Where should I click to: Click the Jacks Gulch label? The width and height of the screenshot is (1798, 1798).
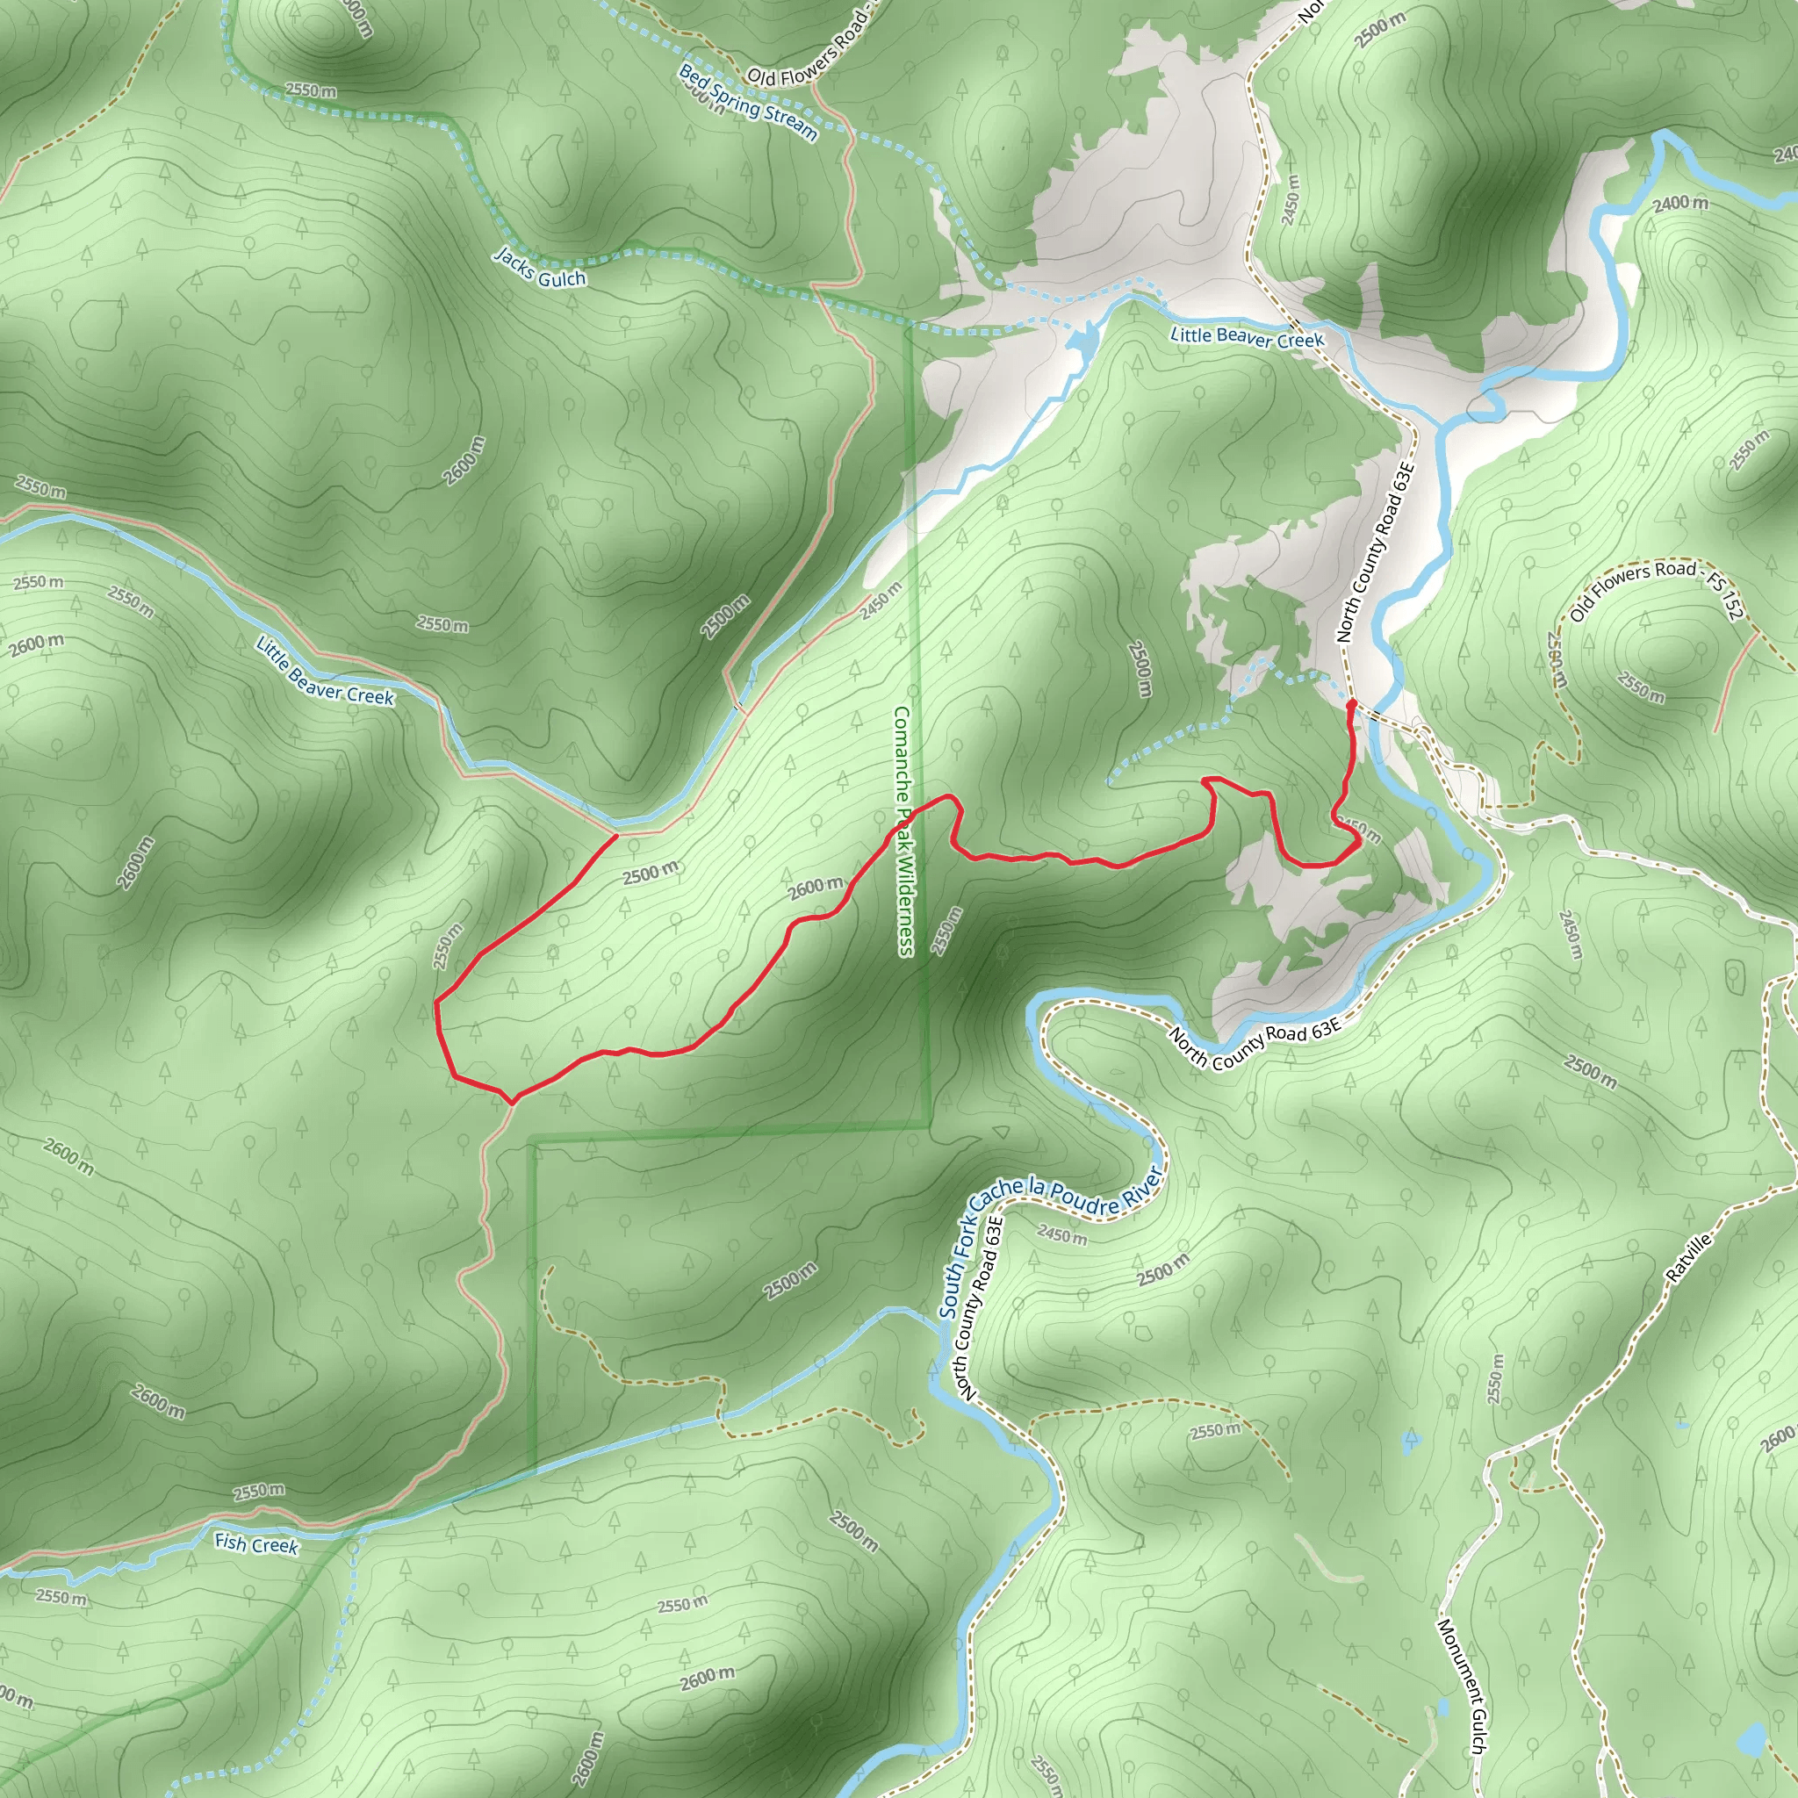tap(540, 268)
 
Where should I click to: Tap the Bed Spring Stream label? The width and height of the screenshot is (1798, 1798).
tap(747, 104)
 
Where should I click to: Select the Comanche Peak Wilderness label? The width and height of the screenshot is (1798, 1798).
tap(903, 831)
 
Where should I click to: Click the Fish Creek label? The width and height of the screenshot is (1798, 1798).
tap(256, 1544)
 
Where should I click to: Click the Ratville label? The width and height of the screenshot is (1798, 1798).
tap(1689, 1258)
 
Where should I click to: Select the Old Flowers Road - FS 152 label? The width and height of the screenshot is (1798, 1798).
tap(1656, 590)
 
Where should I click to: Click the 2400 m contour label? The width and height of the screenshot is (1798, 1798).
tap(1680, 202)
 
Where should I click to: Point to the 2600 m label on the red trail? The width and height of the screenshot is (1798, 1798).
tap(816, 888)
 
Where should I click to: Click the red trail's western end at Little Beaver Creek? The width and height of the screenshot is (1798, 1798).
tap(616, 835)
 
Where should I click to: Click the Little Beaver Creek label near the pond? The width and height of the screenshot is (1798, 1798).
tap(1246, 338)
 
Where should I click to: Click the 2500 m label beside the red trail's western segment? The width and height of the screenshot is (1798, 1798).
tap(651, 873)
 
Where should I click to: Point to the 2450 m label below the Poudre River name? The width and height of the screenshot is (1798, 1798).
tap(1062, 1237)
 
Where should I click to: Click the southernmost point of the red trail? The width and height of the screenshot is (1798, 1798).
tap(511, 1104)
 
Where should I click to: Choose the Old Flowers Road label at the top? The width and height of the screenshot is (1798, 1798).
tap(808, 61)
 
